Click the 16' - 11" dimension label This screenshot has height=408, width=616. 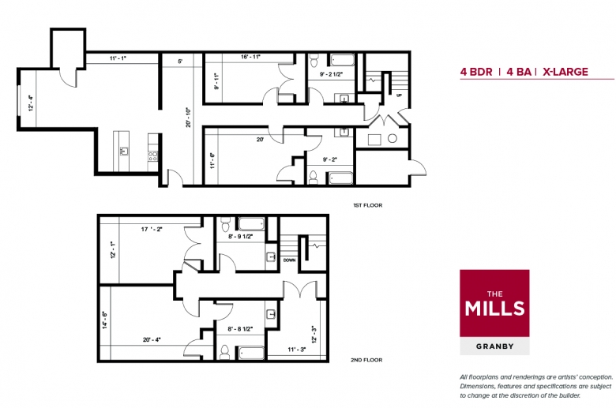[x=251, y=57]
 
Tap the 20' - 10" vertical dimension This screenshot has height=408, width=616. [x=189, y=118]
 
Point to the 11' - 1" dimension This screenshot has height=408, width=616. [x=118, y=58]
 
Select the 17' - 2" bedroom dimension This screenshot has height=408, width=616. [x=152, y=230]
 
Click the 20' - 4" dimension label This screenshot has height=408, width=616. [x=152, y=340]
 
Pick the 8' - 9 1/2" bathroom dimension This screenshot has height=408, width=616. [x=240, y=237]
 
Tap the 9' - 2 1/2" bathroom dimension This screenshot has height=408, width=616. [x=331, y=74]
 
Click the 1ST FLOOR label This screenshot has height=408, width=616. [x=368, y=205]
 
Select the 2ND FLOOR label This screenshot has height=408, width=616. [x=366, y=360]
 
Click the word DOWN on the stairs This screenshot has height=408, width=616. [x=290, y=260]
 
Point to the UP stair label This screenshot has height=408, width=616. [x=399, y=95]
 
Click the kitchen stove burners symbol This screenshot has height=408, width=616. [x=153, y=156]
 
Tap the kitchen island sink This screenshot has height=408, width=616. [x=124, y=152]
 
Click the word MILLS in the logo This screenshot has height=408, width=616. [x=494, y=309]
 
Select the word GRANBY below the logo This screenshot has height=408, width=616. [x=495, y=346]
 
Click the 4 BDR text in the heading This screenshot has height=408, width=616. [x=476, y=72]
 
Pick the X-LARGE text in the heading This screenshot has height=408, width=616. [x=565, y=72]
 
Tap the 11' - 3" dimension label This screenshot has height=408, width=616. [x=297, y=350]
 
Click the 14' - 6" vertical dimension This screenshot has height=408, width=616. [x=105, y=320]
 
